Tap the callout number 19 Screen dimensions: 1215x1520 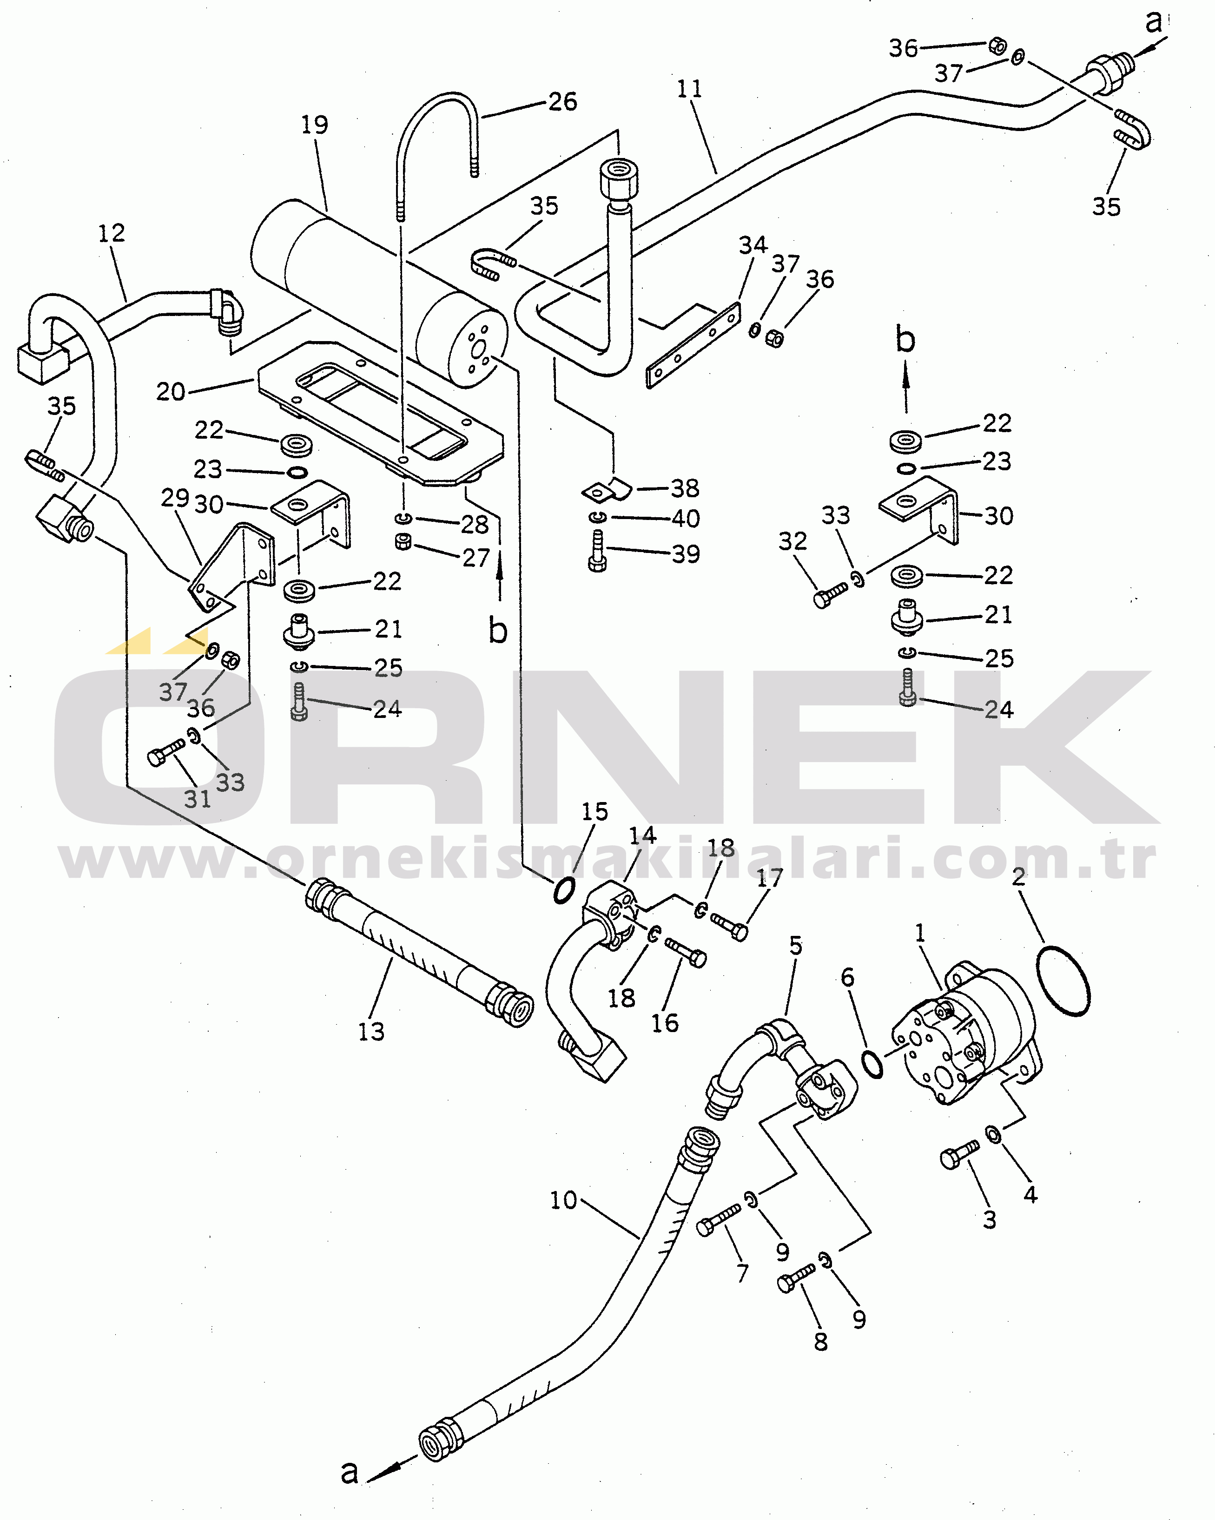(315, 125)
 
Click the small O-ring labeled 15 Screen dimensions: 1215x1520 (563, 890)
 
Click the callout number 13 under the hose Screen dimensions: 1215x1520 (371, 1032)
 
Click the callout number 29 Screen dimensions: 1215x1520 (175, 498)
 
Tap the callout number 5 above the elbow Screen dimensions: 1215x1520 (795, 946)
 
